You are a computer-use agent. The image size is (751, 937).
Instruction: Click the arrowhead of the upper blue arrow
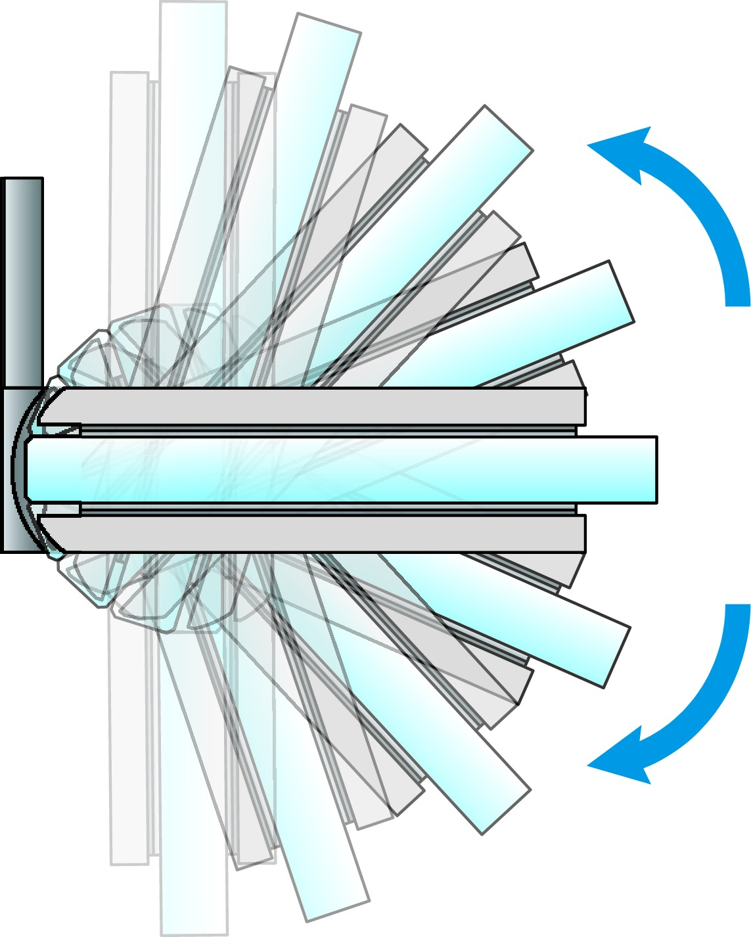coord(618,152)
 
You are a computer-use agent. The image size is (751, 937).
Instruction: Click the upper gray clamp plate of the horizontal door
coord(315,406)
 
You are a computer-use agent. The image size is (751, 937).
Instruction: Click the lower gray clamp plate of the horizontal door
coord(315,534)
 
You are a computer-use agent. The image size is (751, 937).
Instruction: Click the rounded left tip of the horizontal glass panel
coord(30,470)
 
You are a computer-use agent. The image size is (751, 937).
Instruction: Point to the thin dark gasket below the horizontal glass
coord(329,510)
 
